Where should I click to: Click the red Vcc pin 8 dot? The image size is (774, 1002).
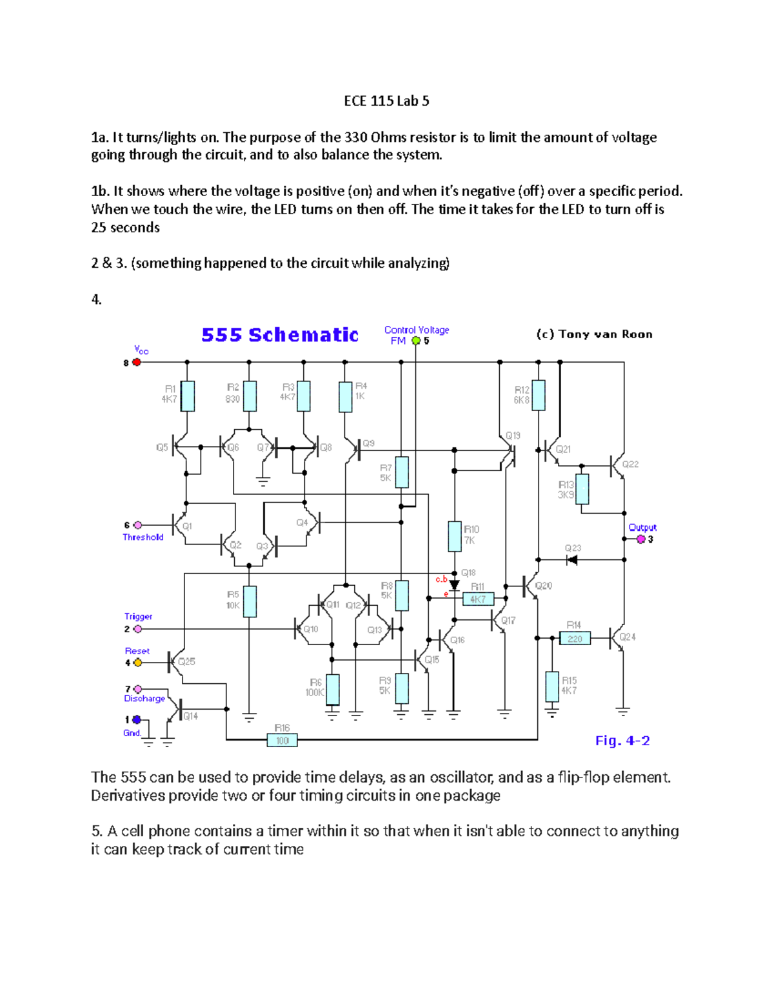(x=137, y=363)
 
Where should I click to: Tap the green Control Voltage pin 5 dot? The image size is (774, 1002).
(x=416, y=341)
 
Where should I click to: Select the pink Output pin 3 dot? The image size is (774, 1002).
(x=641, y=539)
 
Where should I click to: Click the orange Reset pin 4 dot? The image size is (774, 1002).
(x=137, y=663)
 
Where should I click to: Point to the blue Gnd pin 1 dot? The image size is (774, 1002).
(x=137, y=720)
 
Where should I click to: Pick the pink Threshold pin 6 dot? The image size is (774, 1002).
(x=137, y=525)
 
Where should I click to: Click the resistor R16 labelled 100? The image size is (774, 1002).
(x=283, y=741)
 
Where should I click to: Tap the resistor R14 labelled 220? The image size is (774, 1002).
(x=575, y=639)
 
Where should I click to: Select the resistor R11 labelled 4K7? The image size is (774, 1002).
(x=478, y=599)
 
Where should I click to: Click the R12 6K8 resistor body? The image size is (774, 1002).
(x=539, y=395)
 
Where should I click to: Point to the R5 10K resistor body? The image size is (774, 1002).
(x=249, y=601)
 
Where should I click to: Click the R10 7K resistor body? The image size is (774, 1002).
(x=455, y=536)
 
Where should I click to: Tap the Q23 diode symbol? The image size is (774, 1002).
(x=571, y=559)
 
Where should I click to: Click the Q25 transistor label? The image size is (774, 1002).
(x=186, y=661)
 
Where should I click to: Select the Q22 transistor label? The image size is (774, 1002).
(x=630, y=464)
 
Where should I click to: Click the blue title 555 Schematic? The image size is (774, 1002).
(x=280, y=335)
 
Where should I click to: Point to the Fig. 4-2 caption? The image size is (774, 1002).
(x=622, y=741)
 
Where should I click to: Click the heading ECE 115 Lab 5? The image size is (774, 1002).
(x=386, y=101)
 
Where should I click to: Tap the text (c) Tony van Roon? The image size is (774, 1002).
(x=594, y=334)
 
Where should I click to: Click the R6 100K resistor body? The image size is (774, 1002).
(x=332, y=690)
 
